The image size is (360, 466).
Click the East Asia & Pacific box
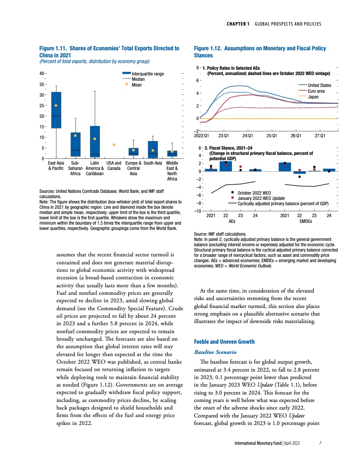click(x=56, y=110)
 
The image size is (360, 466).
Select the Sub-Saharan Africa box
click(x=75, y=144)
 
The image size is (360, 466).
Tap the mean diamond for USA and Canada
click(x=114, y=145)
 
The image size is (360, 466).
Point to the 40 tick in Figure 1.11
click(x=41, y=74)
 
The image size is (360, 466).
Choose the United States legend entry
click(x=319, y=85)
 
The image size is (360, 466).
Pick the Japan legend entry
click(x=313, y=97)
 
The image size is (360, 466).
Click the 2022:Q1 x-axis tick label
click(x=203, y=135)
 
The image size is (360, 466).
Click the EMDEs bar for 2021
click(x=285, y=166)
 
